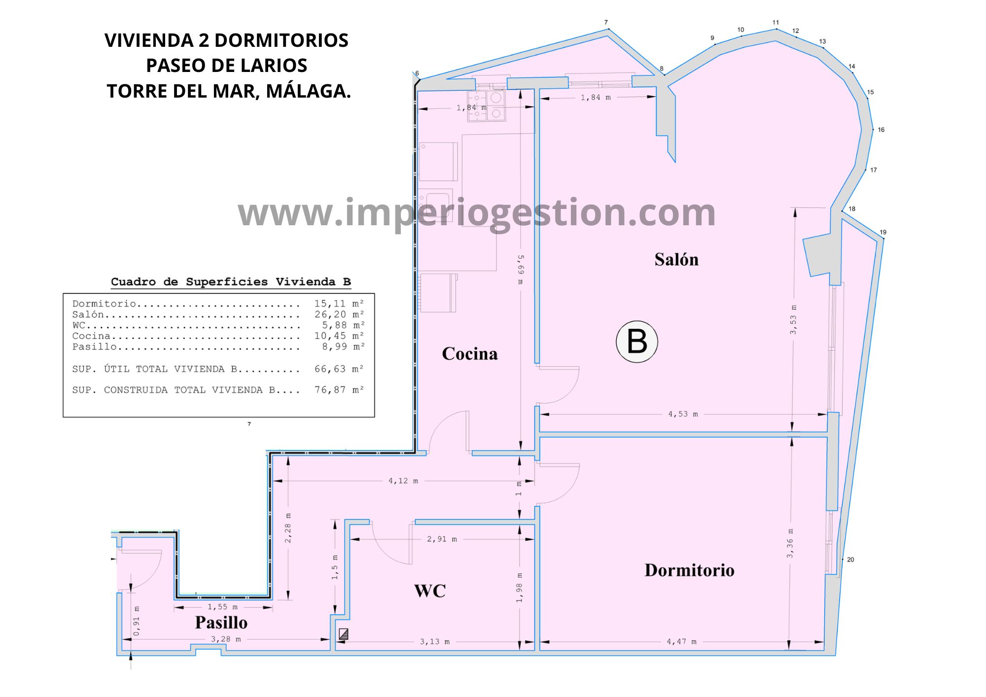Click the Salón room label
(676, 259)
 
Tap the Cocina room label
(470, 353)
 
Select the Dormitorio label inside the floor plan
(689, 570)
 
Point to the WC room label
(430, 591)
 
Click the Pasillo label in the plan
(221, 622)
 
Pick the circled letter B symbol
(637, 342)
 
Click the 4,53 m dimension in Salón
(683, 414)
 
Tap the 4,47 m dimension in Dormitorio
(682, 641)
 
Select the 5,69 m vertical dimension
(521, 270)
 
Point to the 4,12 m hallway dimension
(403, 481)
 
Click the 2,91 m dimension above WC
(442, 539)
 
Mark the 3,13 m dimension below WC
(435, 641)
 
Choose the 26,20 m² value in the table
(339, 314)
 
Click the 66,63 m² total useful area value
(339, 369)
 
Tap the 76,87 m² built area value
(339, 390)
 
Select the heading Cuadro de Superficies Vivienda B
(231, 282)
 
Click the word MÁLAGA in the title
(309, 91)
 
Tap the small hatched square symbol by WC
(344, 634)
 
